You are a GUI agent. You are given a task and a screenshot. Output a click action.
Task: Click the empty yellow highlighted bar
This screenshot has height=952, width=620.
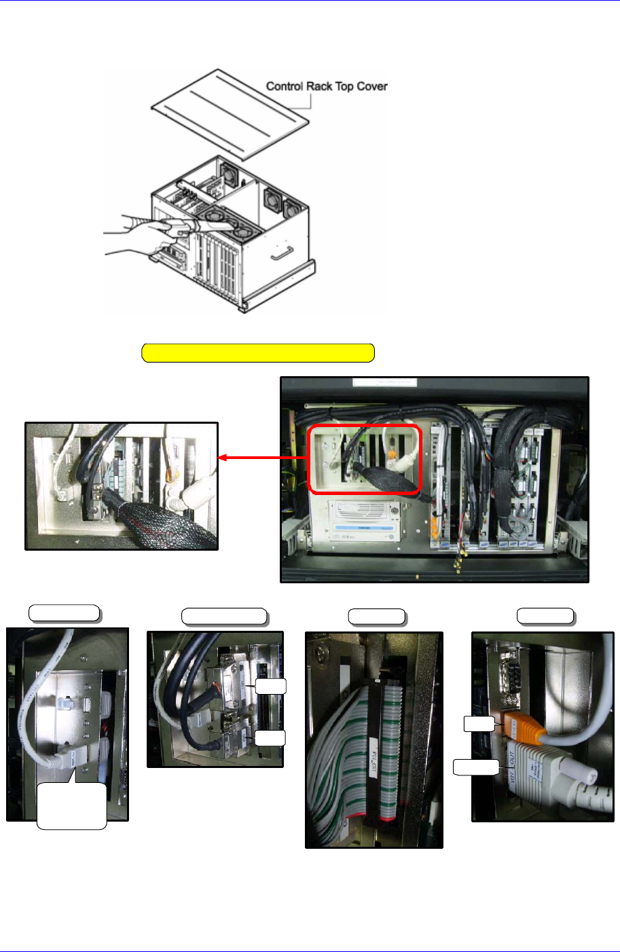258,353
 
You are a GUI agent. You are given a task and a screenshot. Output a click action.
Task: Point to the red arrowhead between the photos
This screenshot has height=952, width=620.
223,458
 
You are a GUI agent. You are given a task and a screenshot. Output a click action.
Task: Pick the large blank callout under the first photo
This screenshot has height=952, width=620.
71,806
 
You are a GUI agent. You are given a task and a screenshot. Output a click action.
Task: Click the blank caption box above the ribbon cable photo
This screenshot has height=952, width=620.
377,617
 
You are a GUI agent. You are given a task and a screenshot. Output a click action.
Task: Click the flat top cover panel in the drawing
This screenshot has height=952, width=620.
231,112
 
